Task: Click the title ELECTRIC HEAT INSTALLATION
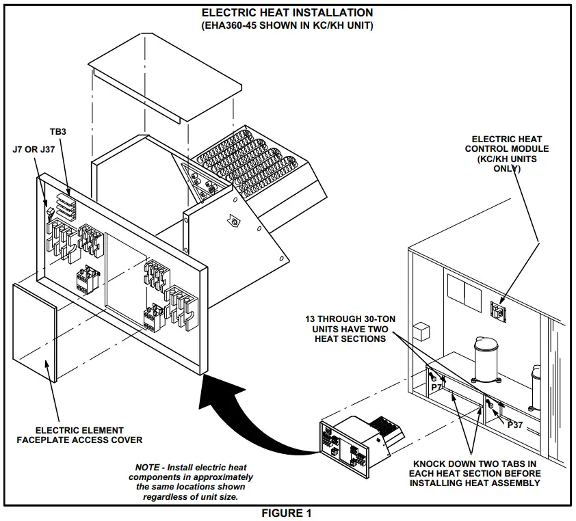[x=287, y=12]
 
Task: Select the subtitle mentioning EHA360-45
[x=287, y=25]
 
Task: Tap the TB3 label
[x=58, y=131]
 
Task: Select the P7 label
[x=436, y=387]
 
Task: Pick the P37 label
[x=515, y=425]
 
